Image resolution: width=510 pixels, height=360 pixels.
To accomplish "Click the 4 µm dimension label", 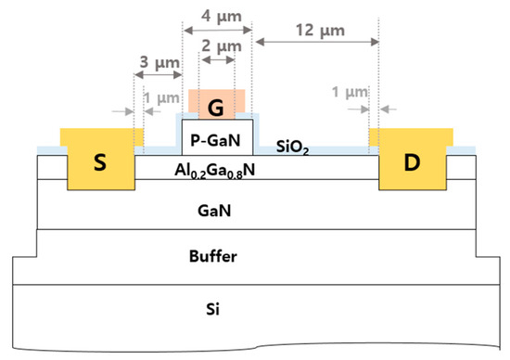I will coord(215,13).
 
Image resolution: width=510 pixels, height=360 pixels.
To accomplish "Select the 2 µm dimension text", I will coord(218,45).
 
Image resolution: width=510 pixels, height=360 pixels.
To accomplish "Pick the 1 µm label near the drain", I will coord(348,95).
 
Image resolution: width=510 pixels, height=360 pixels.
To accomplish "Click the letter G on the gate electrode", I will coord(217,108).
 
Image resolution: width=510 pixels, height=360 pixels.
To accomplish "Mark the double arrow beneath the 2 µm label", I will coord(218,58).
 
